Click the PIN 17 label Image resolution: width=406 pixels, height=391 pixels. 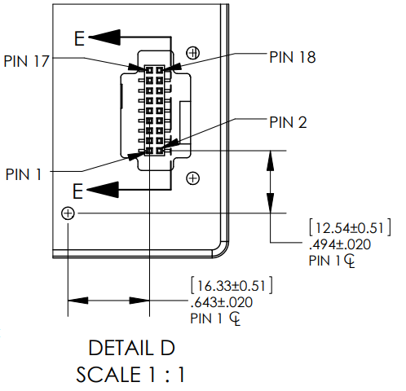pos(26,61)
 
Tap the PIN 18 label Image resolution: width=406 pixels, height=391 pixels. pos(293,57)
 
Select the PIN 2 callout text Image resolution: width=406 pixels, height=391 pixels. pos(288,122)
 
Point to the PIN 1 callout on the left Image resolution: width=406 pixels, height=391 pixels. pos(24,174)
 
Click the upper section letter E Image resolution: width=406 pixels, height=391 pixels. pos(79,38)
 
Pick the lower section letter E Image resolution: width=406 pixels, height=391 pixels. pos(77,191)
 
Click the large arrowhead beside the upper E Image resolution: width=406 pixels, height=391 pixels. pos(104,37)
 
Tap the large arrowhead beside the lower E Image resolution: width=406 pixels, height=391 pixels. pos(103,190)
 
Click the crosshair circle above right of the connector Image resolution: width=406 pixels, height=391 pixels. pos(193,53)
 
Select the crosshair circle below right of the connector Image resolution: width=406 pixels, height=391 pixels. pos(192,178)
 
